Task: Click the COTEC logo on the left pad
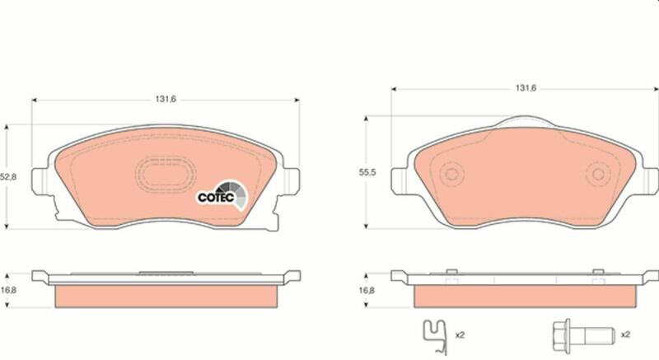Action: click(x=222, y=196)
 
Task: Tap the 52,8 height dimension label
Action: click(x=8, y=177)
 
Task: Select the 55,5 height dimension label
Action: click(x=367, y=172)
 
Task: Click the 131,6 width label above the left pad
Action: click(x=166, y=99)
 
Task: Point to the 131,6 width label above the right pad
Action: click(x=526, y=88)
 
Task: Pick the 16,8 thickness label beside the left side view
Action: click(x=8, y=290)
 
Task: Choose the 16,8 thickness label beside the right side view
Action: click(x=367, y=290)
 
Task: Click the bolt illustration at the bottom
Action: click(x=583, y=335)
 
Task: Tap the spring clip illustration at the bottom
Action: click(x=435, y=337)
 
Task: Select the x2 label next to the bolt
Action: click(x=625, y=334)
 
